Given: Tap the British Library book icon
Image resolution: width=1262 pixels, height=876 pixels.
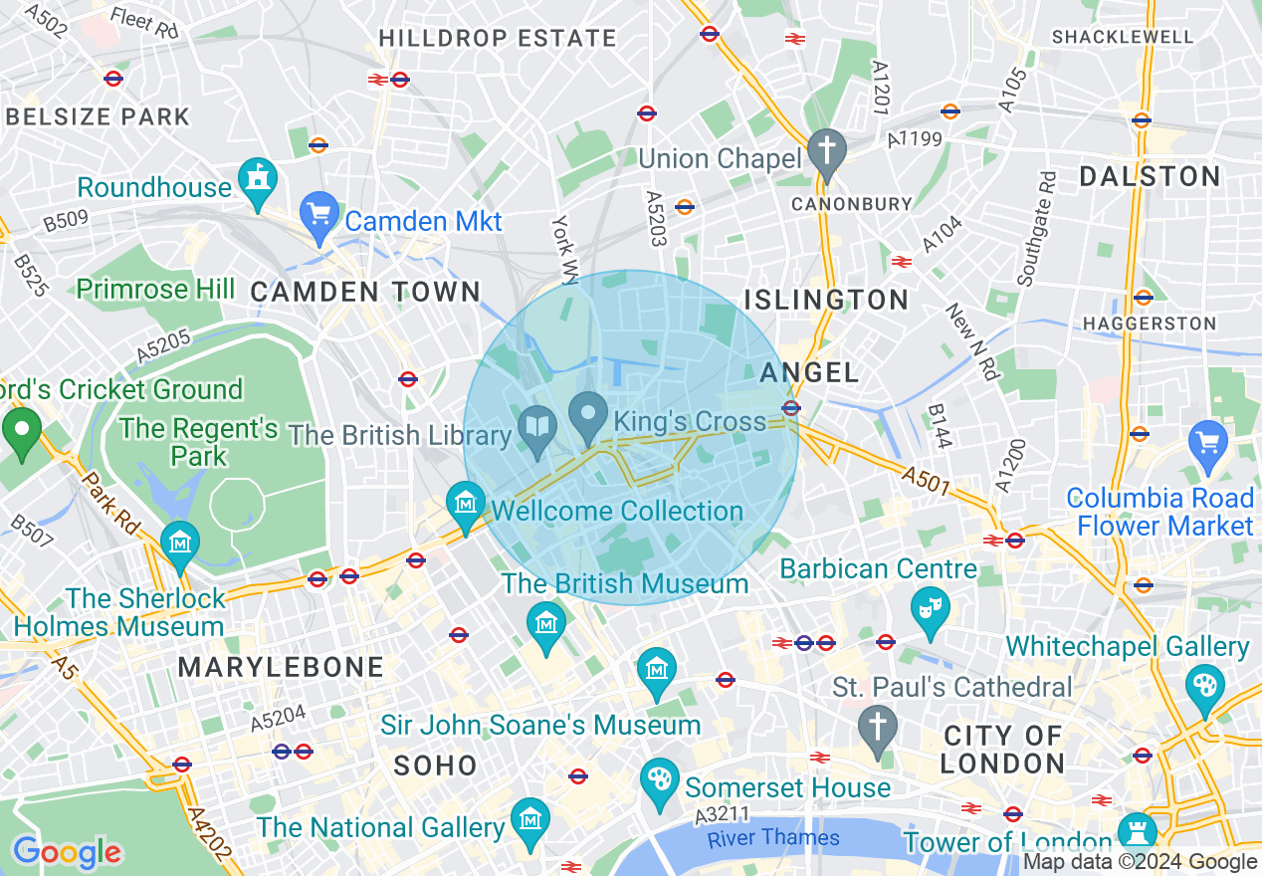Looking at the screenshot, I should click(538, 428).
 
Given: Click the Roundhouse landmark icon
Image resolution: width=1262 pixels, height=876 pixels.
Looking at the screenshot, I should click(258, 180).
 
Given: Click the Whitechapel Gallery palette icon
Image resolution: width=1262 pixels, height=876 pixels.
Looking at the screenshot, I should click(1205, 686).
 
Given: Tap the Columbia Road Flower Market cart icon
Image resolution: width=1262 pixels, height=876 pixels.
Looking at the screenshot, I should click(1208, 443).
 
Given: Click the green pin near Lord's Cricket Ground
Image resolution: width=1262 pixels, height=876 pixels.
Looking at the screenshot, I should click(22, 432).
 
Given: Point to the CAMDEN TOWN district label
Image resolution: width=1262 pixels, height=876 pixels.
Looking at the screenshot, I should click(365, 292).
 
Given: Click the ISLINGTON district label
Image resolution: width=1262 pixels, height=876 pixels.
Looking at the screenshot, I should click(826, 300).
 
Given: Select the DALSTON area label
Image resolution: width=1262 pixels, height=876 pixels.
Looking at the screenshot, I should click(1150, 177).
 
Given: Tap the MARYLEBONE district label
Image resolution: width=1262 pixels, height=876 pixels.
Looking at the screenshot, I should click(281, 667).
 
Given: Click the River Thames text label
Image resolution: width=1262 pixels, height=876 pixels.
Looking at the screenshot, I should click(773, 838).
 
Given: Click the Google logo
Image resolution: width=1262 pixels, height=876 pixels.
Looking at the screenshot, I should click(67, 852).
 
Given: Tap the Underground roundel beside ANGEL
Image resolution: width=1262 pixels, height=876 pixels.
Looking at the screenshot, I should click(791, 407).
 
